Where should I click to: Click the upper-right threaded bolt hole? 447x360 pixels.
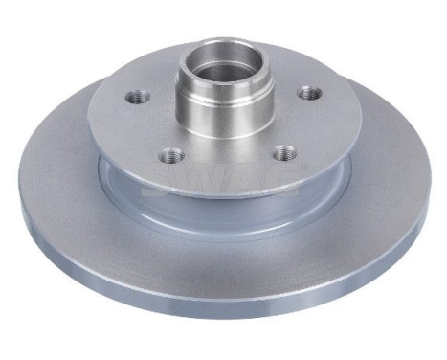tap(307, 93)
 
